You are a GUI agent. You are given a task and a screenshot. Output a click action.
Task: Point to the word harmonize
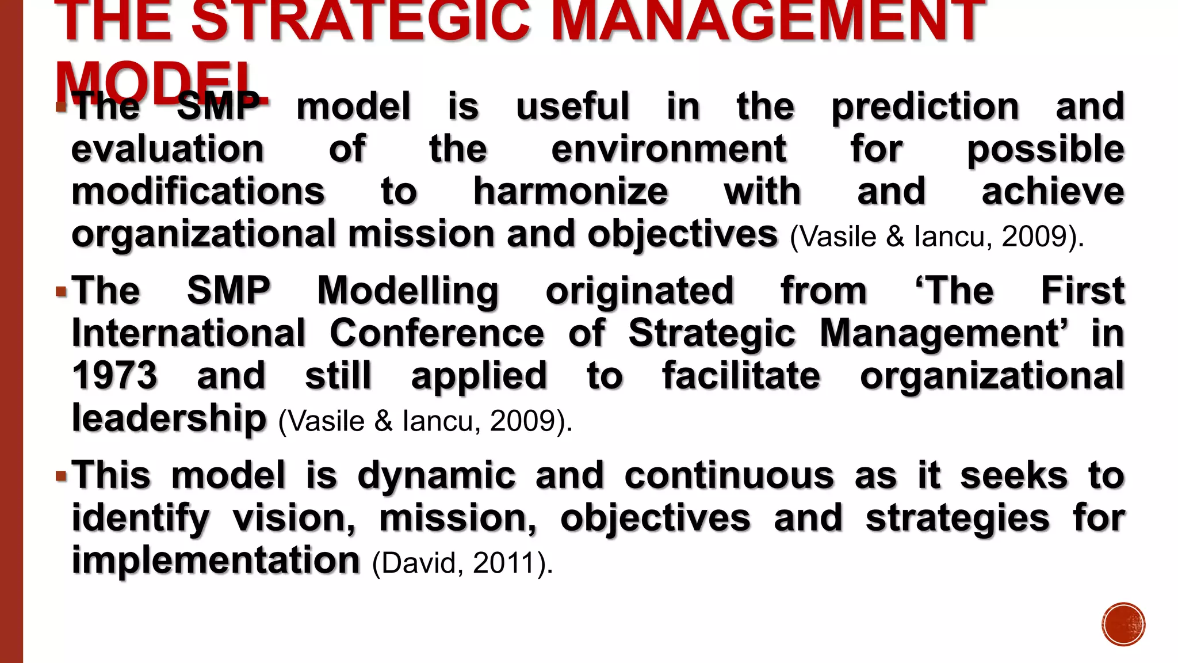pyautogui.click(x=570, y=192)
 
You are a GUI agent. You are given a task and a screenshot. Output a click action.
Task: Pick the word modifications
pyautogui.click(x=198, y=192)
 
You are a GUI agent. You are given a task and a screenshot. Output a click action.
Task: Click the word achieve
pyautogui.click(x=1053, y=192)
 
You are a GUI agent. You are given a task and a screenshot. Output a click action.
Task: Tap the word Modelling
pyautogui.click(x=408, y=291)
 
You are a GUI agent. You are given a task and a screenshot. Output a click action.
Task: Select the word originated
pyautogui.click(x=640, y=291)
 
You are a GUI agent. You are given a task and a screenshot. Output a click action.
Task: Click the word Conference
pyautogui.click(x=437, y=333)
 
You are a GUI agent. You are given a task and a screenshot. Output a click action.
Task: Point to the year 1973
pyautogui.click(x=114, y=376)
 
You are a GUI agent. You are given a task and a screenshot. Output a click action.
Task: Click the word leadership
pyautogui.click(x=169, y=418)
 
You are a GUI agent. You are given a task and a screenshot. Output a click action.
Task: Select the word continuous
pyautogui.click(x=729, y=476)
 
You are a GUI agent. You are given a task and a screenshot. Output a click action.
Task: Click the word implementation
pyautogui.click(x=216, y=561)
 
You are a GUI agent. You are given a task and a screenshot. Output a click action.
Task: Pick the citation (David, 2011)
pyautogui.click(x=462, y=563)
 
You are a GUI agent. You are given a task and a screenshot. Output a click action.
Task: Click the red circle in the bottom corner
pyautogui.click(x=1123, y=624)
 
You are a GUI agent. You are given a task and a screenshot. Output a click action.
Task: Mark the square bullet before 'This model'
pyautogui.click(x=62, y=477)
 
